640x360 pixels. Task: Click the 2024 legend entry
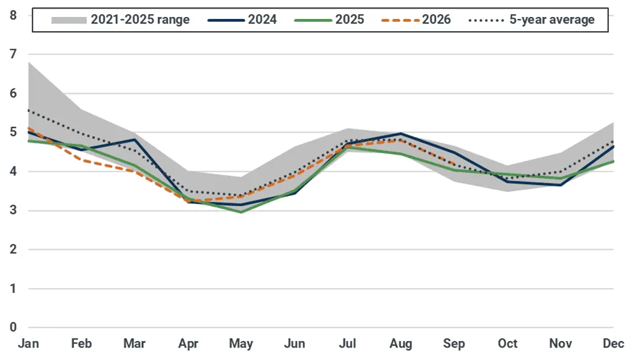tap(242, 20)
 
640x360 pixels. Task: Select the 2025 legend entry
tap(329, 20)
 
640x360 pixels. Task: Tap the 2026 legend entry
tap(416, 20)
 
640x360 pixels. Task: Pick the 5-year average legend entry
tap(531, 20)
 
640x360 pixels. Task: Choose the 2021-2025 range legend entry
tap(120, 20)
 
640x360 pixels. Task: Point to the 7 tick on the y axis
tap(13, 54)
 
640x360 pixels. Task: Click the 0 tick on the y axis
tap(13, 328)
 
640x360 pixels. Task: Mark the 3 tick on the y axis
tap(13, 210)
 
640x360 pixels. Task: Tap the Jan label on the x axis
tap(28, 344)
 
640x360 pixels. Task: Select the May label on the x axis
tap(241, 344)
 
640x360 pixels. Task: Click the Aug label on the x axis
tap(401, 344)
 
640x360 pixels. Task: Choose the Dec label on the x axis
tap(613, 344)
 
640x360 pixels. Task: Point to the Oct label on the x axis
tap(507, 344)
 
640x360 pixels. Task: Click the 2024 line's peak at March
tap(135, 140)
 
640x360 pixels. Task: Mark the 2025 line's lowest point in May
tap(241, 212)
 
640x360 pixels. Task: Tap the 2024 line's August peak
tap(401, 133)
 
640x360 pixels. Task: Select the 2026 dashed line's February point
tap(82, 160)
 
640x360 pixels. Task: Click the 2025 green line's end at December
tap(613, 161)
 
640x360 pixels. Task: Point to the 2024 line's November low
tap(560, 185)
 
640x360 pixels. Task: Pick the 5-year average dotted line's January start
tap(28, 110)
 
